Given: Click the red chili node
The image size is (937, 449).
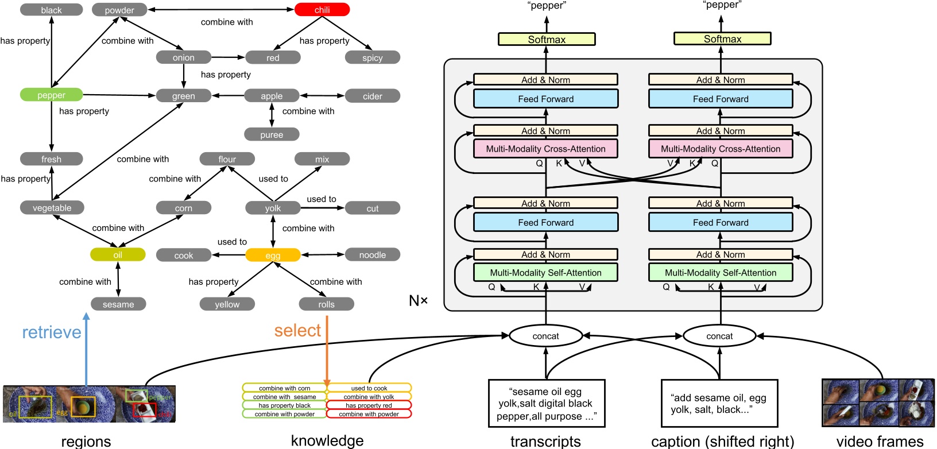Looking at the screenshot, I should pyautogui.click(x=322, y=10).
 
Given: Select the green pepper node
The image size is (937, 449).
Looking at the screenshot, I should pyautogui.click(x=51, y=95).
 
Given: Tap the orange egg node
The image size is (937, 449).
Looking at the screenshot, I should pyautogui.click(x=273, y=255).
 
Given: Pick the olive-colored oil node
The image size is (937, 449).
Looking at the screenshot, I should pyautogui.click(x=118, y=254).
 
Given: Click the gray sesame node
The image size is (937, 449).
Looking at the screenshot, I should pyautogui.click(x=118, y=304).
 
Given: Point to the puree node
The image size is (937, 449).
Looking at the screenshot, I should pyautogui.click(x=272, y=134).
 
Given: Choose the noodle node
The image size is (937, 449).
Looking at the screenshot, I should pyautogui.click(x=372, y=254).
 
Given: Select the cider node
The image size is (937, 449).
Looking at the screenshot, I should pyautogui.click(x=372, y=96).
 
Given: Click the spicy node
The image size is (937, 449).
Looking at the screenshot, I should pyautogui.click(x=372, y=57).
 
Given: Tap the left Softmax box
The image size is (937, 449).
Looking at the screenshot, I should pyautogui.click(x=547, y=39).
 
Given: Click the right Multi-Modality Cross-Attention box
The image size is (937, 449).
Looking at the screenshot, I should pyautogui.click(x=721, y=149).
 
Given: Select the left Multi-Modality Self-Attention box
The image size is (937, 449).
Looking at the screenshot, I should pyautogui.click(x=545, y=272).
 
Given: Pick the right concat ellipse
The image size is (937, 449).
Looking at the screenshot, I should pyautogui.click(x=719, y=336).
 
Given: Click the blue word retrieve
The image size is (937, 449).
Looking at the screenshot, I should pyautogui.click(x=52, y=332).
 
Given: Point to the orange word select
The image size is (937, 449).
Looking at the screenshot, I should pyautogui.click(x=297, y=330).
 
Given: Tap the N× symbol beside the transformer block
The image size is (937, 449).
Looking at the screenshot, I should pyautogui.click(x=418, y=300).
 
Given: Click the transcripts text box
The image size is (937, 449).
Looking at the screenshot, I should pyautogui.click(x=545, y=403).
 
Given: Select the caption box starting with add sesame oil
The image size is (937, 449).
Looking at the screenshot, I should pyautogui.click(x=719, y=403).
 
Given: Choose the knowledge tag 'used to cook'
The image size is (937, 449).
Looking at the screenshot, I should pyautogui.click(x=369, y=388).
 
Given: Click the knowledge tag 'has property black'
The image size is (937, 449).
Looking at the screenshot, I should pyautogui.click(x=284, y=405).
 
